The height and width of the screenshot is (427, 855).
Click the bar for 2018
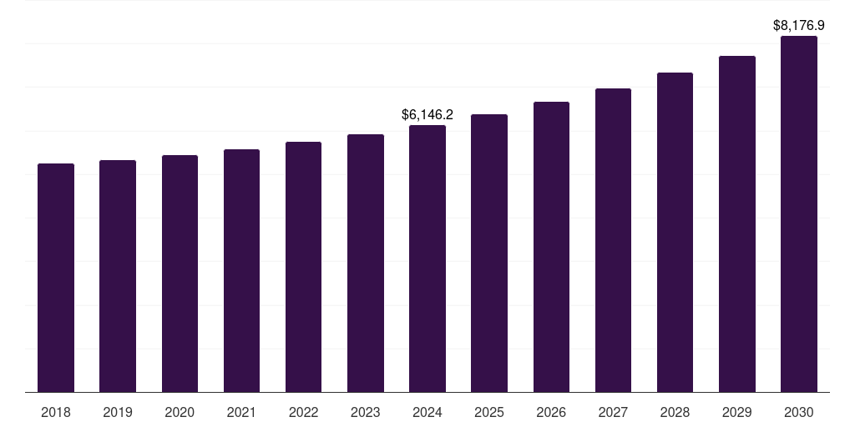click(x=56, y=278)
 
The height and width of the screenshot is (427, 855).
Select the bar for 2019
click(x=118, y=276)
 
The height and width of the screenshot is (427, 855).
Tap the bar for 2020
click(x=180, y=274)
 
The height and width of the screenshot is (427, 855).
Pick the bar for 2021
click(x=241, y=271)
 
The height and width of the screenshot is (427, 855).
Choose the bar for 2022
click(x=303, y=267)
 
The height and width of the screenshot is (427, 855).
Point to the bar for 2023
click(x=366, y=264)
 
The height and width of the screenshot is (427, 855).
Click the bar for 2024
click(x=427, y=259)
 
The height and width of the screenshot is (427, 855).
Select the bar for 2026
click(x=551, y=247)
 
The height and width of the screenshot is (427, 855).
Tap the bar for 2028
click(x=675, y=233)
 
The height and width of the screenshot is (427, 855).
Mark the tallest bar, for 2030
click(x=799, y=214)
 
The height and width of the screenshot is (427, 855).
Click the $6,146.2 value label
click(x=427, y=114)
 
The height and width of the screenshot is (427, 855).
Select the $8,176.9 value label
click(x=799, y=25)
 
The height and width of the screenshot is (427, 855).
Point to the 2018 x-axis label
click(x=56, y=412)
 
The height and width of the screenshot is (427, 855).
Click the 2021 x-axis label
click(x=241, y=412)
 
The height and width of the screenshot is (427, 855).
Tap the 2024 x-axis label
click(x=427, y=412)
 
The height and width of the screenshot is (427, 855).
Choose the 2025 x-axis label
click(x=489, y=412)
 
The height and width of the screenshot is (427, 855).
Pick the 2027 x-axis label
click(x=613, y=412)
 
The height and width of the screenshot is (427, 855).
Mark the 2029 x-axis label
click(x=736, y=412)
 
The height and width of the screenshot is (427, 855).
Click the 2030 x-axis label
click(x=799, y=412)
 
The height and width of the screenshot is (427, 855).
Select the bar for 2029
click(x=736, y=224)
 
